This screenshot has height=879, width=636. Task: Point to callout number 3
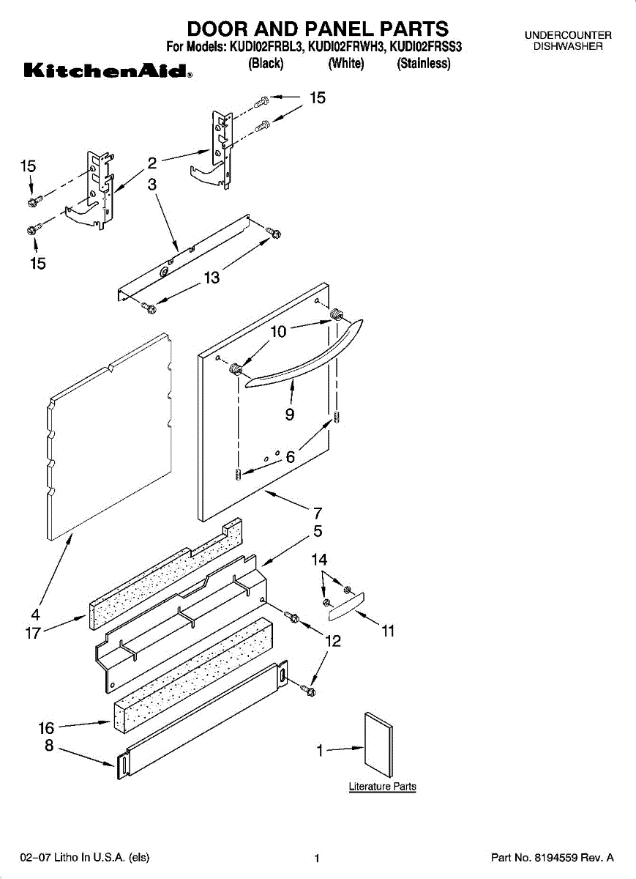pos(152,185)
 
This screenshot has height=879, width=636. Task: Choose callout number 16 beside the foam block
pos(47,728)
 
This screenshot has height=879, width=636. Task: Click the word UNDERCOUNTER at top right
pos(567,35)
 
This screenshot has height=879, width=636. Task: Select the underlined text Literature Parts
pos(382,787)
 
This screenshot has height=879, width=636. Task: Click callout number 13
pos(212,278)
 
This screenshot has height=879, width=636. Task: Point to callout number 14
pos(319,560)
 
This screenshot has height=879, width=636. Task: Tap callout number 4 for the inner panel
pos(35,615)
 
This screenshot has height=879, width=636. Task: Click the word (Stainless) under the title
pos(423,64)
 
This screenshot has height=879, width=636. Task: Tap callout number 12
pos(333,642)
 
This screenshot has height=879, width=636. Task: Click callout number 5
pos(318,531)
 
